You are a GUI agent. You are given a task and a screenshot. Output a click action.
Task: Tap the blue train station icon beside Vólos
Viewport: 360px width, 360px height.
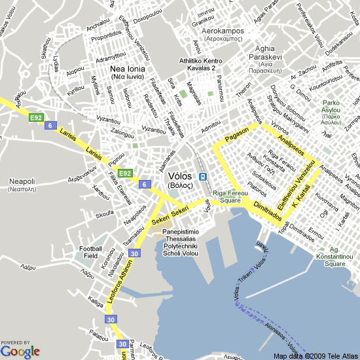pos(204,177)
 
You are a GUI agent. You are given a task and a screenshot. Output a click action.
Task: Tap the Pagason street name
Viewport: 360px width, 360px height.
pos(236,135)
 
